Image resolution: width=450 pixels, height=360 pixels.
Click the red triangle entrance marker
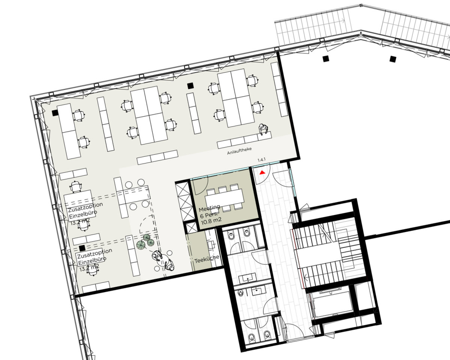coord(263,172)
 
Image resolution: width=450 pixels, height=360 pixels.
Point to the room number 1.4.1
coord(261,160)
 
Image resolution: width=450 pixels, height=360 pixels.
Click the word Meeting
coord(209,209)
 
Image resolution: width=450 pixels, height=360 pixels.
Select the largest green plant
coord(141,245)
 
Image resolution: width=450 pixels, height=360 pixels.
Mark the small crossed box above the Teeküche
coord(190,228)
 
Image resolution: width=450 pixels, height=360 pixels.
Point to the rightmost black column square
coord(393,58)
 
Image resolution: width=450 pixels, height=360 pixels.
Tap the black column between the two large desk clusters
coord(190,86)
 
